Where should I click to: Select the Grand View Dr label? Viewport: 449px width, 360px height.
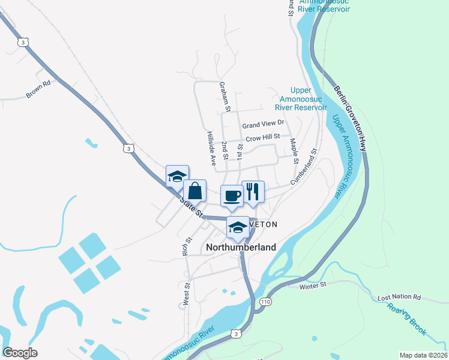coord(262,125)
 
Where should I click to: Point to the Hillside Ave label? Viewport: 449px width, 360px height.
coord(211,148)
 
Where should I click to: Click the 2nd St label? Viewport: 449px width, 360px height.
coord(224,151)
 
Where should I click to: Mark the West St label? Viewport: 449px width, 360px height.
coord(187,293)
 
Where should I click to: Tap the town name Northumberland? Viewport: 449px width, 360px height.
coord(241,247)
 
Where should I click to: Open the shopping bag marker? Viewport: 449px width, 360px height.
coord(195,191)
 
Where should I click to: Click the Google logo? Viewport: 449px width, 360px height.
coord(20,353)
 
